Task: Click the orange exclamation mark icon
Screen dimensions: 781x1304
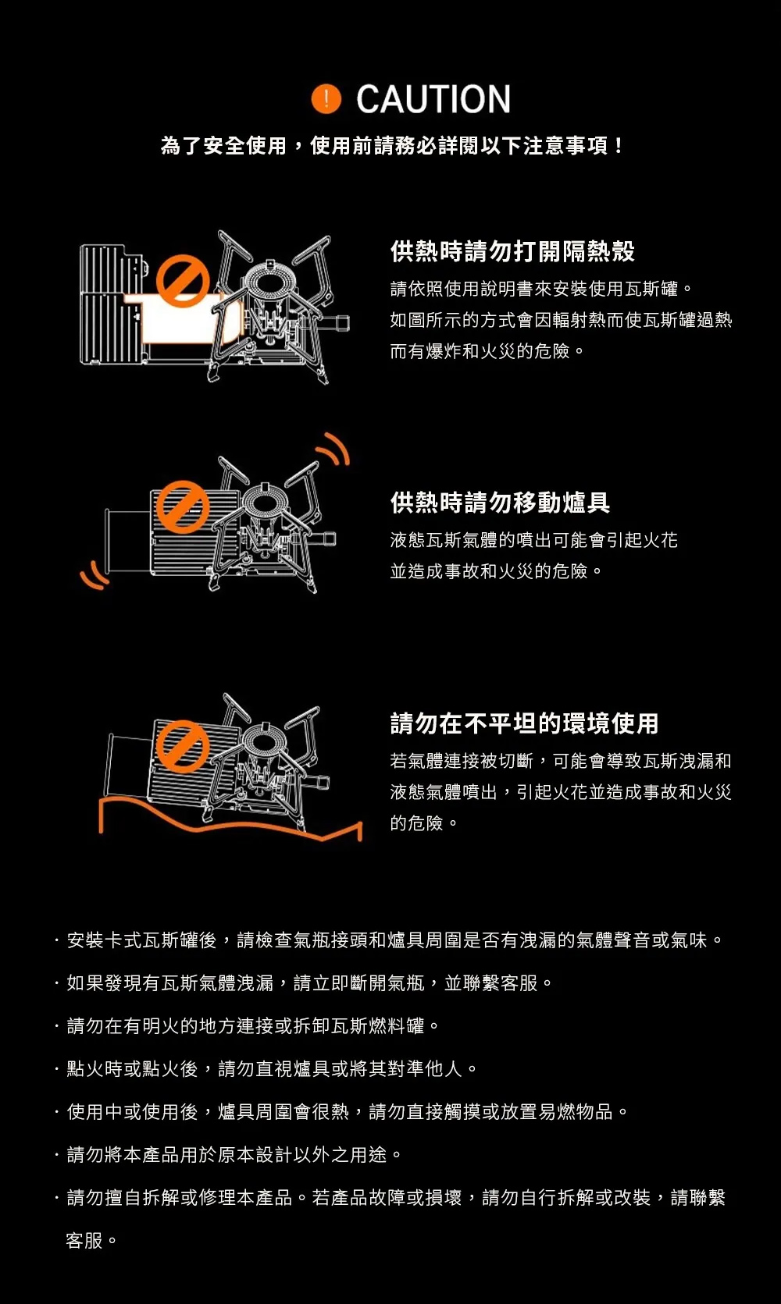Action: (326, 98)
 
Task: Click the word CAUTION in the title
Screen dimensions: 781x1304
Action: (433, 99)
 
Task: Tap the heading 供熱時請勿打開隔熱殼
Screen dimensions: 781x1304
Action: (512, 251)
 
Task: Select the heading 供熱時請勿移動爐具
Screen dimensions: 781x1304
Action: (501, 503)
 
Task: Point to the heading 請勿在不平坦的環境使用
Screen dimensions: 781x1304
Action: (525, 723)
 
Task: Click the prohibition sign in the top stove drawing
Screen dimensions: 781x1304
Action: (183, 281)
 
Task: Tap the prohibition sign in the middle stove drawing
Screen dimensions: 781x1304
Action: (182, 506)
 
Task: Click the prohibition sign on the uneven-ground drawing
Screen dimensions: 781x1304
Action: (182, 746)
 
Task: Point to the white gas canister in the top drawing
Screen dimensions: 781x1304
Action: (189, 319)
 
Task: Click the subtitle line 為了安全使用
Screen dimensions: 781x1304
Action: (391, 145)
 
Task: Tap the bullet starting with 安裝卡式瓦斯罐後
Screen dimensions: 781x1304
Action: (388, 940)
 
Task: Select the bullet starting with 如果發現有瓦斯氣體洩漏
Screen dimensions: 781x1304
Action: (303, 983)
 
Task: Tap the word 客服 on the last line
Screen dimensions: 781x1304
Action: (84, 1241)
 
